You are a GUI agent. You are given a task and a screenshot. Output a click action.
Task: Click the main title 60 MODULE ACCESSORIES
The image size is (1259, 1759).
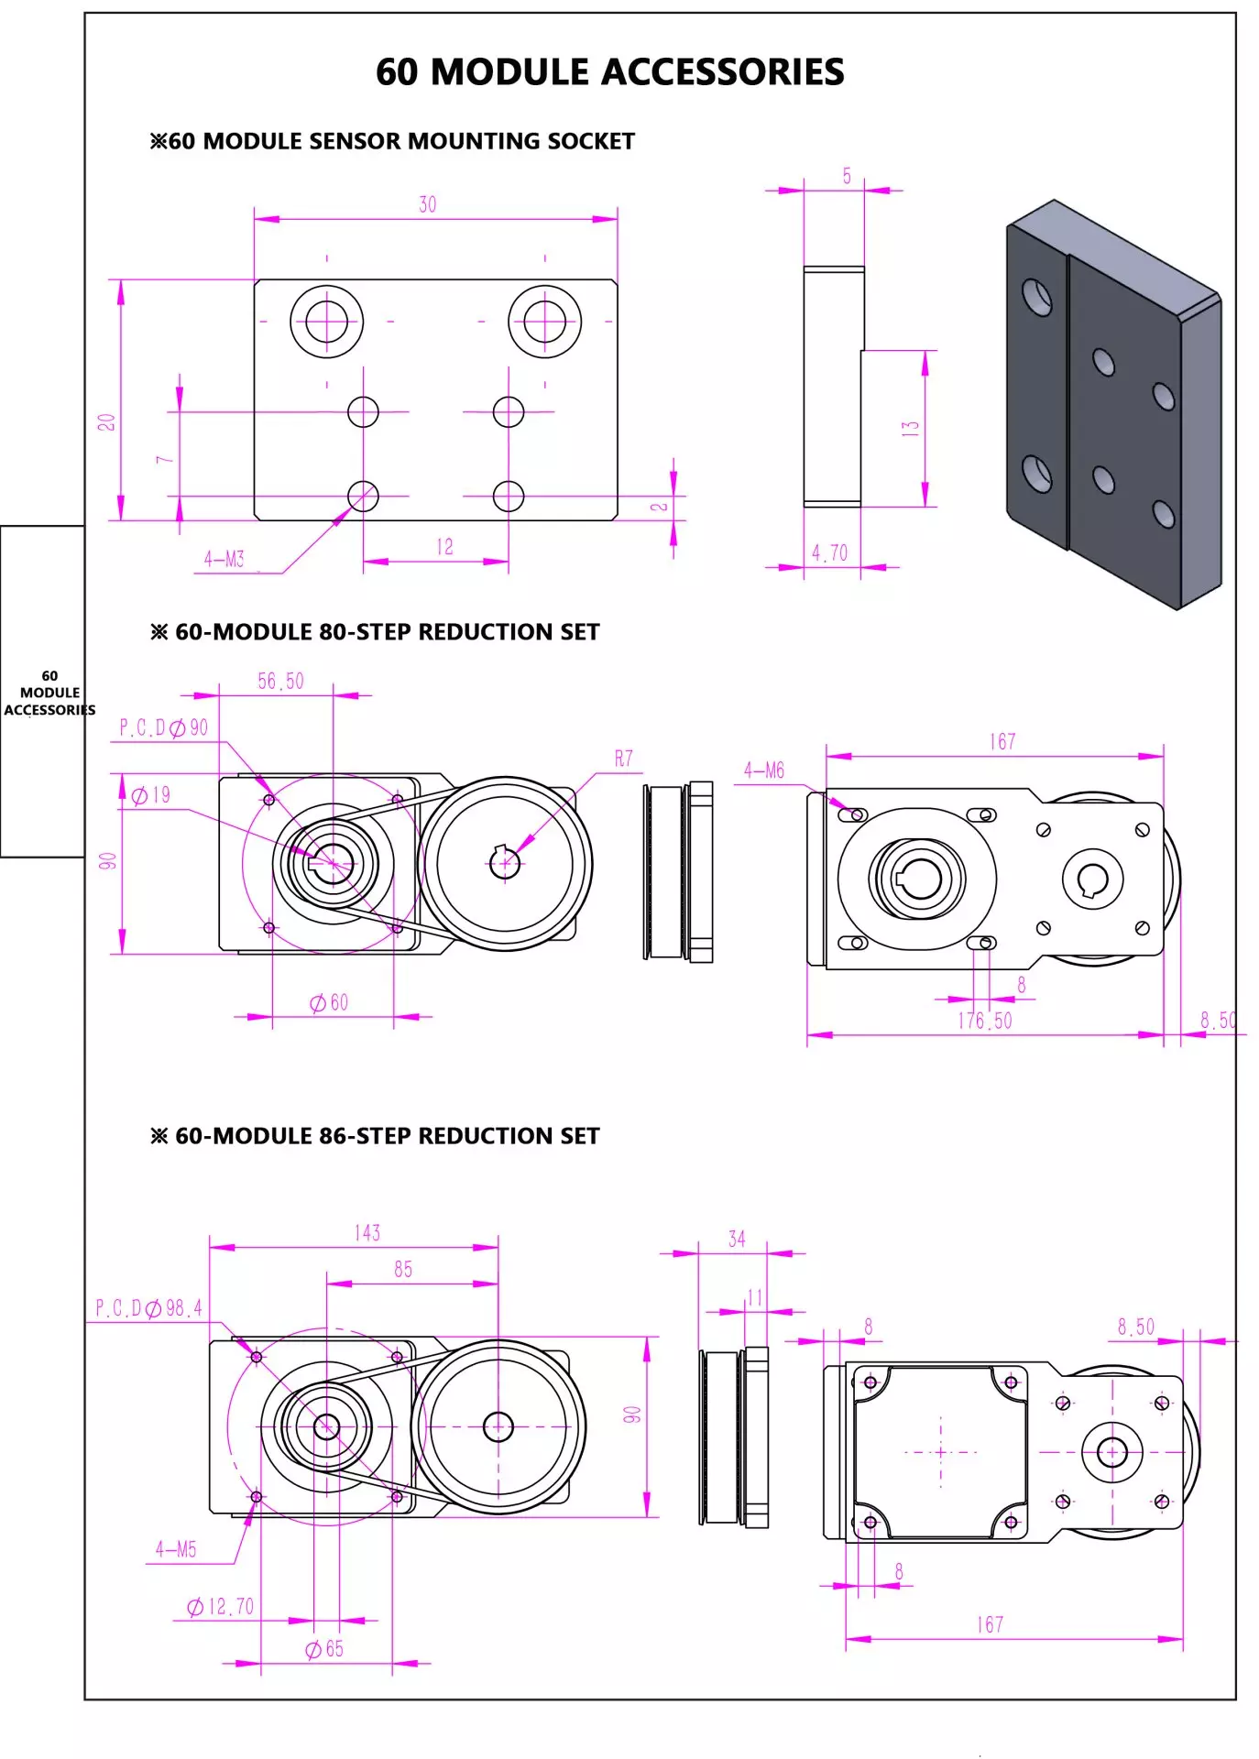tap(609, 72)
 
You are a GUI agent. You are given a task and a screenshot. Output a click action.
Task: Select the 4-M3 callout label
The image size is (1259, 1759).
tap(224, 559)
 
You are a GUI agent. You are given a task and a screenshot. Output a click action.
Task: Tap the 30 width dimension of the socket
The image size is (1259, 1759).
tap(428, 205)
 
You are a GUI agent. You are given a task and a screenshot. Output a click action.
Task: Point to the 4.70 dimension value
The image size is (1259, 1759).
tap(829, 553)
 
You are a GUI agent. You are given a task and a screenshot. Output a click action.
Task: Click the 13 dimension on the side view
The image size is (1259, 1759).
tap(910, 428)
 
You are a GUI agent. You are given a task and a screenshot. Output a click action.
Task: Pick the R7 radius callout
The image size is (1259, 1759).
tap(624, 759)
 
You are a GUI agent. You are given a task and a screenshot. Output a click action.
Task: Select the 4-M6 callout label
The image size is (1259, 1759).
tap(764, 770)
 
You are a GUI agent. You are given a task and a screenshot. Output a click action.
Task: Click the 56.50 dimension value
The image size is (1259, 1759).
tap(280, 682)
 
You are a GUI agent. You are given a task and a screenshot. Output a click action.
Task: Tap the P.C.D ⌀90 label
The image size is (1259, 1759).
tap(164, 728)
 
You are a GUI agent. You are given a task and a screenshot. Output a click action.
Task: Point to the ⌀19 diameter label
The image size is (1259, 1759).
tap(151, 795)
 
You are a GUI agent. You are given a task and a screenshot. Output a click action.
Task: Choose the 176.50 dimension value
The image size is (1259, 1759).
tap(985, 1021)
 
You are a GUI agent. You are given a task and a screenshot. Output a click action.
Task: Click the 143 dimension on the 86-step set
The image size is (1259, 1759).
tap(367, 1233)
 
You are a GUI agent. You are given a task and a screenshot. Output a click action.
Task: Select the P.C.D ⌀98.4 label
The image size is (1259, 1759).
tap(148, 1308)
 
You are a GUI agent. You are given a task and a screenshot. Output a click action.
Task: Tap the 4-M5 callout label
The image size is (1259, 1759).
tap(176, 1549)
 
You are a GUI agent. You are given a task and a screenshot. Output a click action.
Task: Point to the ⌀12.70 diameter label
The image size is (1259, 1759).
tap(220, 1607)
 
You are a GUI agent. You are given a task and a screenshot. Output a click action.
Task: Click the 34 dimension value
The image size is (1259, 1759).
tap(737, 1240)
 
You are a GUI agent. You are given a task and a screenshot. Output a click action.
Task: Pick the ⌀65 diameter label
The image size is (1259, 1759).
tap(324, 1649)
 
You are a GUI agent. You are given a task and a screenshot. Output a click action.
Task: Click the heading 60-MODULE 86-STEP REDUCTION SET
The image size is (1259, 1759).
tap(376, 1136)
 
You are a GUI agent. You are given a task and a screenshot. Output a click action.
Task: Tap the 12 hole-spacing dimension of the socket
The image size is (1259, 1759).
tap(444, 547)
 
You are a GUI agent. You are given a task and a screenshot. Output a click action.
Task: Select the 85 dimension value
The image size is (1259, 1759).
tap(403, 1270)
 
